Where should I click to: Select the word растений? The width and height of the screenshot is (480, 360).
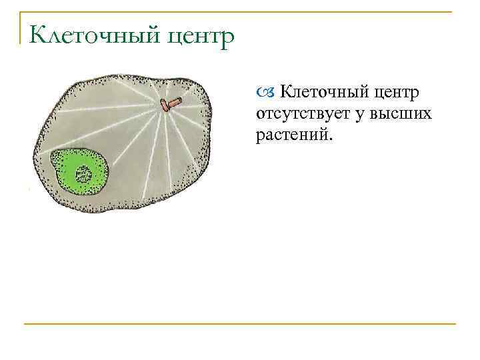coord(291,135)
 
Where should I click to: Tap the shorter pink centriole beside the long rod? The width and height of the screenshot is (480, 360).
coord(163,105)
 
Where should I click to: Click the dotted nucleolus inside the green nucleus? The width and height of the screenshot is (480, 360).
coord(84,175)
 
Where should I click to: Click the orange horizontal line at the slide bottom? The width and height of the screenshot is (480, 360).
coord(240,324)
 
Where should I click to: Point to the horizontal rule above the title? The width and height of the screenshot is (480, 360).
coord(240,11)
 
